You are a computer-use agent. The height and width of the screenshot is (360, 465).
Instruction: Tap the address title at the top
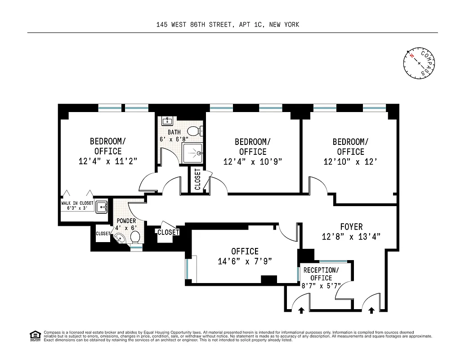(x=228, y=25)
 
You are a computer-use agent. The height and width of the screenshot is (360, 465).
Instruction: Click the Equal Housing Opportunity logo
(x=35, y=335)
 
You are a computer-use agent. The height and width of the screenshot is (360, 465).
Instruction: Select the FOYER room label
(x=351, y=227)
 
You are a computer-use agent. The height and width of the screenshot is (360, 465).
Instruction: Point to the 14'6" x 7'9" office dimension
(x=245, y=261)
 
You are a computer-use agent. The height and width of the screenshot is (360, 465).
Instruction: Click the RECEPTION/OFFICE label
(x=321, y=274)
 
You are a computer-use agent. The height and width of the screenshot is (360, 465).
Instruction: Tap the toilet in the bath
(x=194, y=131)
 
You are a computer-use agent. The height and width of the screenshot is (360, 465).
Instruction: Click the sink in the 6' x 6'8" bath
(x=168, y=121)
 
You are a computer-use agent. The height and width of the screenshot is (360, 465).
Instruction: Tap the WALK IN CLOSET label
(x=77, y=203)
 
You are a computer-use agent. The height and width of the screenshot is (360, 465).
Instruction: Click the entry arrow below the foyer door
(x=371, y=310)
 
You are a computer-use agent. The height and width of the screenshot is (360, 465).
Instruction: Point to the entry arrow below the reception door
(x=301, y=310)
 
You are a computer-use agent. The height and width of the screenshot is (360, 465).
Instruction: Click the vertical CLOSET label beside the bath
(x=197, y=179)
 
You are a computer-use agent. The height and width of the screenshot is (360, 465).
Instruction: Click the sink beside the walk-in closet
(x=101, y=207)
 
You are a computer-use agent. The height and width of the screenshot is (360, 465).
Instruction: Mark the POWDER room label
(x=126, y=221)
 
